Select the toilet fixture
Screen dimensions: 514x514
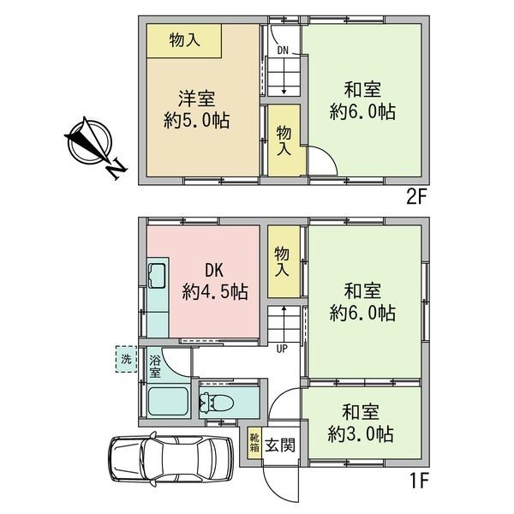(x=217, y=403)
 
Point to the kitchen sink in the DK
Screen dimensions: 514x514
(x=158, y=275)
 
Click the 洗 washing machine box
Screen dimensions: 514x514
(x=127, y=359)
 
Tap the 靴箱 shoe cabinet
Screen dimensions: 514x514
(x=254, y=443)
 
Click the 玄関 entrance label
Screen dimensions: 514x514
(x=280, y=445)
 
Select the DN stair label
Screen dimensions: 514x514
(x=283, y=51)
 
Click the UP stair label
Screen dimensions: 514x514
(x=282, y=349)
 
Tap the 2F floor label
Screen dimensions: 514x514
(x=416, y=197)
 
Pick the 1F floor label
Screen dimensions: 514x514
(x=419, y=481)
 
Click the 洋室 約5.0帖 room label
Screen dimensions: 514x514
(x=197, y=109)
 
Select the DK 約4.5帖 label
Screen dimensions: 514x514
(x=215, y=281)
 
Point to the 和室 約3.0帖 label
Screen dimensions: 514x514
(x=361, y=423)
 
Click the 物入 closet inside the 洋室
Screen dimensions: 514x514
(x=184, y=40)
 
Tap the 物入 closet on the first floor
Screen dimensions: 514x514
(x=284, y=261)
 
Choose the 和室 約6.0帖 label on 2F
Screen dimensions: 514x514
(x=362, y=101)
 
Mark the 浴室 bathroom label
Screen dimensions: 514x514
(x=155, y=367)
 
